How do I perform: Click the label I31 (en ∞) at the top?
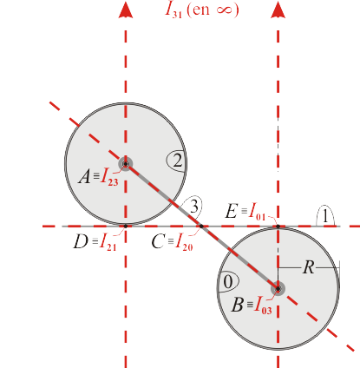click(202, 10)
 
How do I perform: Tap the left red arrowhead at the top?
click(126, 10)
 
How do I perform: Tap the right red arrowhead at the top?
click(278, 10)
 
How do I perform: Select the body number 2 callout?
click(177, 161)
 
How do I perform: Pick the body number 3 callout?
click(193, 207)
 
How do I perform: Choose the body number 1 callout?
click(325, 215)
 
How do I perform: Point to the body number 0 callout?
click(228, 281)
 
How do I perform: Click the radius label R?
click(309, 267)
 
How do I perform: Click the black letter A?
click(84, 176)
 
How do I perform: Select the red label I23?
click(109, 177)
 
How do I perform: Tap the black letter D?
click(81, 241)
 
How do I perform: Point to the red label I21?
click(108, 242)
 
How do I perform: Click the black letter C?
click(158, 241)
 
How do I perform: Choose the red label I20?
click(185, 242)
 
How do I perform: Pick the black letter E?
click(232, 211)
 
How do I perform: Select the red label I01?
click(257, 212)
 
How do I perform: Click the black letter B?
click(238, 305)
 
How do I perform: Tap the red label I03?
click(263, 306)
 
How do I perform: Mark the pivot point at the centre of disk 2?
click(126, 164)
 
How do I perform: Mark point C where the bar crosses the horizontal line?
click(201, 226)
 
